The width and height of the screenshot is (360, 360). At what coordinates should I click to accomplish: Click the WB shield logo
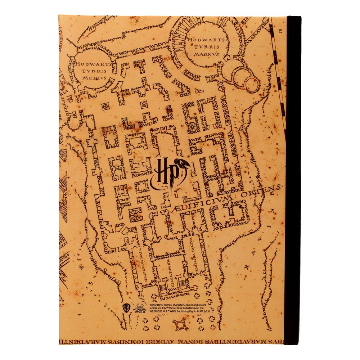(x=126, y=309)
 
